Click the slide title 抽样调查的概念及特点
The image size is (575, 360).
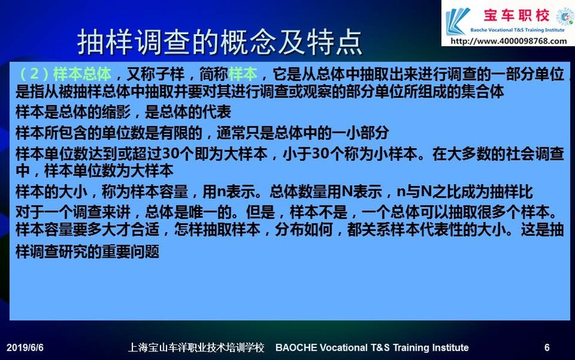pos(220,42)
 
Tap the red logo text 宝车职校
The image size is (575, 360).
pos(517,15)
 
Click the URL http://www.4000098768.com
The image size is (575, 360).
pos(508,41)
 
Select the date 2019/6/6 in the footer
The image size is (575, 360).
pos(25,347)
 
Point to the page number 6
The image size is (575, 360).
pos(547,347)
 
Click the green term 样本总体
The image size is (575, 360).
pos(82,74)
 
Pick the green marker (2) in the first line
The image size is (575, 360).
pos(33,74)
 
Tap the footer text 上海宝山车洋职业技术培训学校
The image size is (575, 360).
pos(196,347)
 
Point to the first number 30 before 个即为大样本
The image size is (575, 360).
pos(170,154)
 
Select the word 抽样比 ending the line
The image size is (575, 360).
pos(511,191)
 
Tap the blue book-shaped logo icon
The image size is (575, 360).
pos(457,21)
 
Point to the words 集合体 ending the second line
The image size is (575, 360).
pos(483,92)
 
